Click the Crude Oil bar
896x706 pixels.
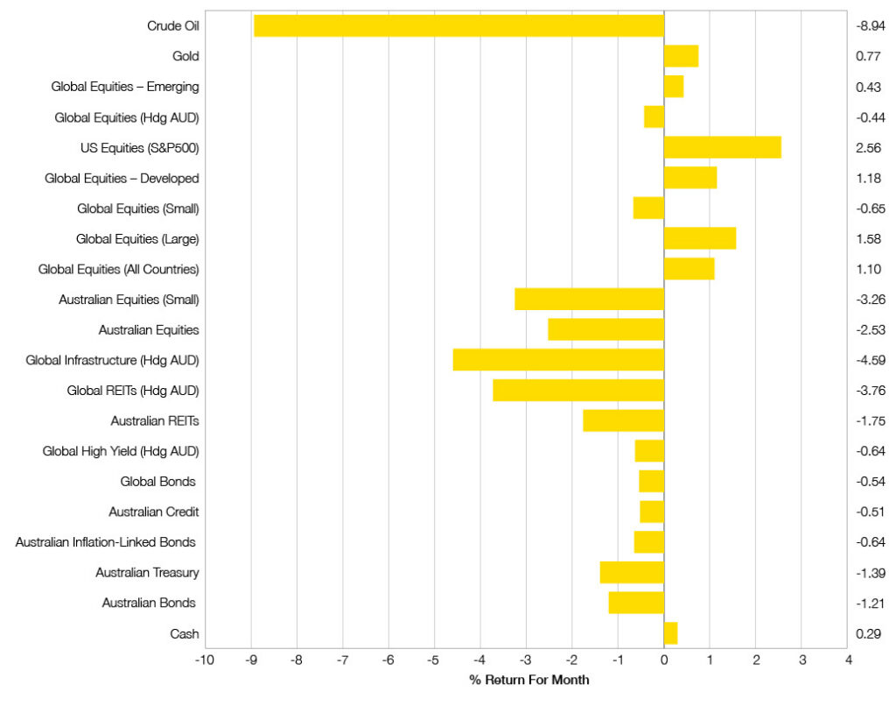click(458, 25)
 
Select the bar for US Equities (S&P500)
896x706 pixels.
click(722, 147)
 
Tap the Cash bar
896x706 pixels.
click(670, 633)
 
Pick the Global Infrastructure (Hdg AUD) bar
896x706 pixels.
click(558, 360)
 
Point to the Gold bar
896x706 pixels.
click(681, 56)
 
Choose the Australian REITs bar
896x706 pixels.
click(623, 420)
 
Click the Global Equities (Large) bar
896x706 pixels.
click(699, 238)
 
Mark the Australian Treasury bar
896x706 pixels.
click(632, 572)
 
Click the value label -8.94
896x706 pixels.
click(870, 26)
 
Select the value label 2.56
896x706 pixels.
click(868, 147)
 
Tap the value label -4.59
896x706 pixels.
click(870, 360)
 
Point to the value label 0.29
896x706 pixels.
click(868, 633)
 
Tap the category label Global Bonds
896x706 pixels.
click(158, 482)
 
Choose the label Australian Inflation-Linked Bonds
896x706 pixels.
click(106, 542)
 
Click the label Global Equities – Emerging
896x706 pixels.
click(125, 87)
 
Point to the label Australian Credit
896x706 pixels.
click(154, 512)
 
